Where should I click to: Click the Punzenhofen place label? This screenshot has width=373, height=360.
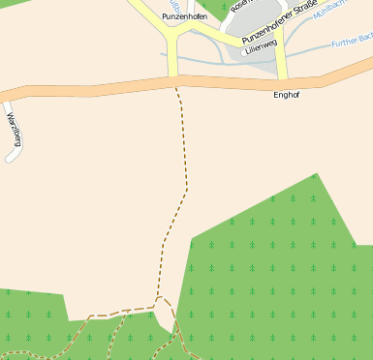click(184, 16)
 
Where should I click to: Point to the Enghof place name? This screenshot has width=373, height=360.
click(287, 95)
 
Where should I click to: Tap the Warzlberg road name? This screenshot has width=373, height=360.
click(15, 129)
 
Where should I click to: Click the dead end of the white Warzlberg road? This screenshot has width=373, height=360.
click(11, 157)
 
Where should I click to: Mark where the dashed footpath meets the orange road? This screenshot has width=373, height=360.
click(175, 86)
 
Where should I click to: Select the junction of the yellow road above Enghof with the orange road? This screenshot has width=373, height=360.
click(283, 82)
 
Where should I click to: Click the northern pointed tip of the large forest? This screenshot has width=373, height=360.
click(316, 175)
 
